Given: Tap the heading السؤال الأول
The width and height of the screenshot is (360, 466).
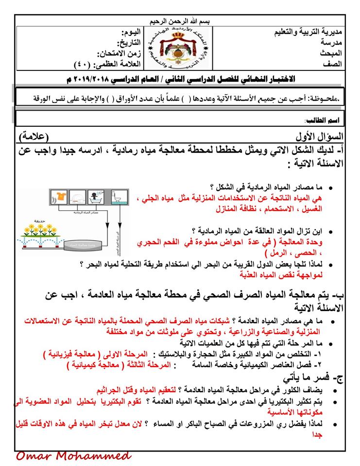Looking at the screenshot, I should (322, 135).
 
